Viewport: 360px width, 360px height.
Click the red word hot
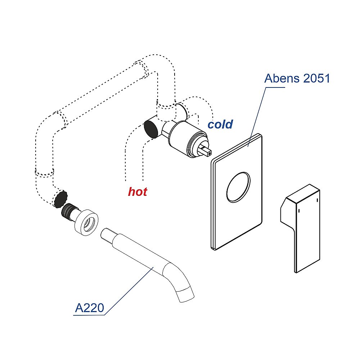[x=138, y=192]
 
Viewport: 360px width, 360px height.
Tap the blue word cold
[x=220, y=125]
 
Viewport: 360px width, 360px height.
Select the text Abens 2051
[x=297, y=78]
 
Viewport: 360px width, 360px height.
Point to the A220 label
[x=89, y=308]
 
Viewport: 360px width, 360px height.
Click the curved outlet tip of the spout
[x=186, y=293]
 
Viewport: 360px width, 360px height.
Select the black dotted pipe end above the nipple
[x=60, y=198]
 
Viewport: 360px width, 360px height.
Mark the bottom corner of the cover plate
[x=215, y=248]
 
